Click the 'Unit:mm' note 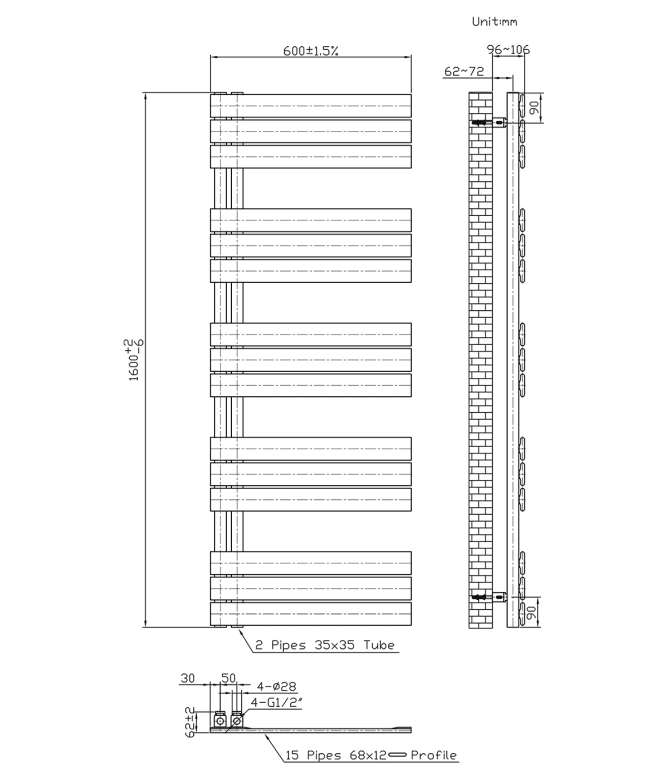tap(494, 22)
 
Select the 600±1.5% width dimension tap(310, 51)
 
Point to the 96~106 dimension tap(508, 50)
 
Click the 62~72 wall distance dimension tap(464, 72)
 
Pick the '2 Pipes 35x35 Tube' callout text tap(325, 644)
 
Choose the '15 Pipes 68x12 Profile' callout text tap(371, 755)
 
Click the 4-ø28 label tap(277, 686)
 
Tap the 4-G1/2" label tap(276, 702)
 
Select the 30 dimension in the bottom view tap(188, 678)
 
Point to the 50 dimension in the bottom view tap(229, 678)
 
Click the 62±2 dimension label tap(190, 721)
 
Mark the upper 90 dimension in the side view tap(535, 107)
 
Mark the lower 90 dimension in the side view tap(531, 612)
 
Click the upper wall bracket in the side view tap(489, 122)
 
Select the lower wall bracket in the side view tap(489, 597)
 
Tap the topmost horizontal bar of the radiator tap(311, 105)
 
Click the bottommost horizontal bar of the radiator tap(311, 614)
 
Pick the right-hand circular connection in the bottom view tap(237, 720)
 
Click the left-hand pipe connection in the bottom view tap(220, 719)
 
